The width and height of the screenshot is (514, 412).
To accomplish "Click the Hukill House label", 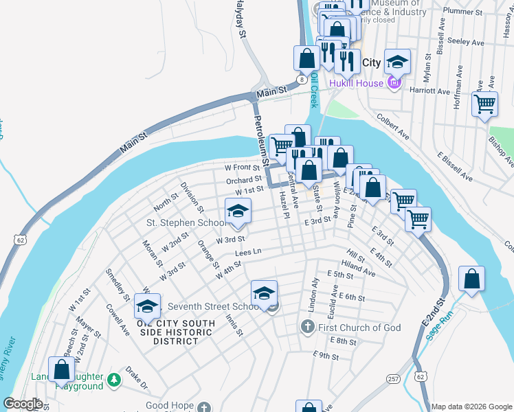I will [355, 84].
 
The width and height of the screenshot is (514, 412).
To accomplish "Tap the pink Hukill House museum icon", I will [393, 84].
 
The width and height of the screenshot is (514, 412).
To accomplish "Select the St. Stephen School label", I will [186, 222].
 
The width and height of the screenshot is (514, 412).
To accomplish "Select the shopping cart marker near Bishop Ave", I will [485, 104].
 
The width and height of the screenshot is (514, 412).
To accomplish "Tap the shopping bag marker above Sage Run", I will [471, 279].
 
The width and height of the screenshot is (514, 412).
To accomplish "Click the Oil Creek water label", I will [313, 90].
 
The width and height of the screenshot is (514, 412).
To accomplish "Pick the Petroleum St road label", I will [260, 141].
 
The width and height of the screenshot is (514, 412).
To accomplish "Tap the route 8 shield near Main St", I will [302, 80].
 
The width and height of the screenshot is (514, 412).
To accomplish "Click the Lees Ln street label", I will [248, 253].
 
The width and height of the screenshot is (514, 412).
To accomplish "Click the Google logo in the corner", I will [23, 404].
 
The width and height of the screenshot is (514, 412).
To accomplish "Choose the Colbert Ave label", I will [393, 127].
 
